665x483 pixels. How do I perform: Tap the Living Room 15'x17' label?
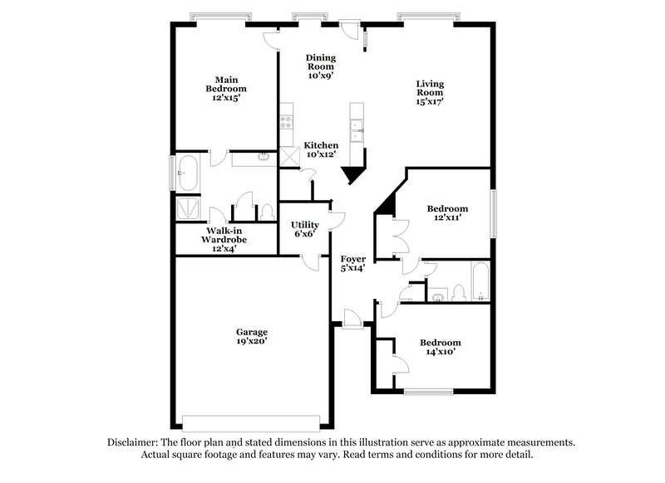tap(430, 93)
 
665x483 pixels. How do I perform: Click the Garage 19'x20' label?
tap(250, 336)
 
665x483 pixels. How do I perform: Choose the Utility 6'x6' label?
tap(304, 229)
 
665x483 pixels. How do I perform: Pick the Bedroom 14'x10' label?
tap(441, 347)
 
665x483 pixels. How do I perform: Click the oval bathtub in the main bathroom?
tap(187, 176)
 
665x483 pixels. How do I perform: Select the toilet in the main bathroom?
tap(267, 212)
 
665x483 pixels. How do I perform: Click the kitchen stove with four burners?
tap(287, 120)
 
